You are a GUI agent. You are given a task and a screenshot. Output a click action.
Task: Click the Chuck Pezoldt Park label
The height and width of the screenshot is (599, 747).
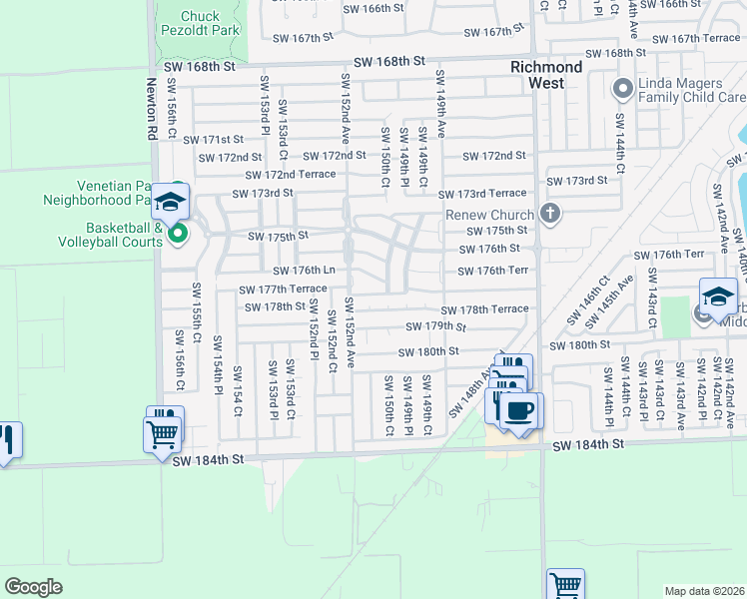(200, 23)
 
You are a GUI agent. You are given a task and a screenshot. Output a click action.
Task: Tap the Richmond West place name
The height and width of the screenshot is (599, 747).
(545, 75)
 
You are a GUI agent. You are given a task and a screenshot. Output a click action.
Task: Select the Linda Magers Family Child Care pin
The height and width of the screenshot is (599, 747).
(623, 90)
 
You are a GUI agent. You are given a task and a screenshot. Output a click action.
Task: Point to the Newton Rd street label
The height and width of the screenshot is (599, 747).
(153, 110)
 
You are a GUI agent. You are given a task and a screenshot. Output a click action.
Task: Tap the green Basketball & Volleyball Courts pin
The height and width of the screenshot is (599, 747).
(178, 234)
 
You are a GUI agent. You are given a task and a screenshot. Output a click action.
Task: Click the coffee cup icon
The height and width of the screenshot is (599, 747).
(519, 410)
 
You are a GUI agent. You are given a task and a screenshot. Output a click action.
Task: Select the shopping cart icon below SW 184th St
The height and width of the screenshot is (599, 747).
(565, 583)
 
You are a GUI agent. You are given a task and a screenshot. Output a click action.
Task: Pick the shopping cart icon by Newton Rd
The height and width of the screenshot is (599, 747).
(163, 434)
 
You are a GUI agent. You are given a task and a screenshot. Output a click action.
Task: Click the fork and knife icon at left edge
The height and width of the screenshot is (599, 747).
(6, 439)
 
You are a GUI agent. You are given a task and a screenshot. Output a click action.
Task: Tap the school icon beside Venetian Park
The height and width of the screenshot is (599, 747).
(172, 203)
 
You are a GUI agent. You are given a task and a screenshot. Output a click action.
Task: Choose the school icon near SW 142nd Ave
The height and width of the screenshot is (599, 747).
(718, 296)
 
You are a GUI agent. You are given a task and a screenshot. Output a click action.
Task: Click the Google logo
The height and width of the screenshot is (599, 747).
(33, 586)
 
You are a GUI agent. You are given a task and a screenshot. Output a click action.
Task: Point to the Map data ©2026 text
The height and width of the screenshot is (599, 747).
(704, 591)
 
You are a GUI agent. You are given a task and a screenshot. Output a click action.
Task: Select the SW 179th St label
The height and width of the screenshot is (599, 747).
(436, 327)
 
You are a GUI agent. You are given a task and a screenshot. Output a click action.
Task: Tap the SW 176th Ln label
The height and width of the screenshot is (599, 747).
(304, 271)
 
